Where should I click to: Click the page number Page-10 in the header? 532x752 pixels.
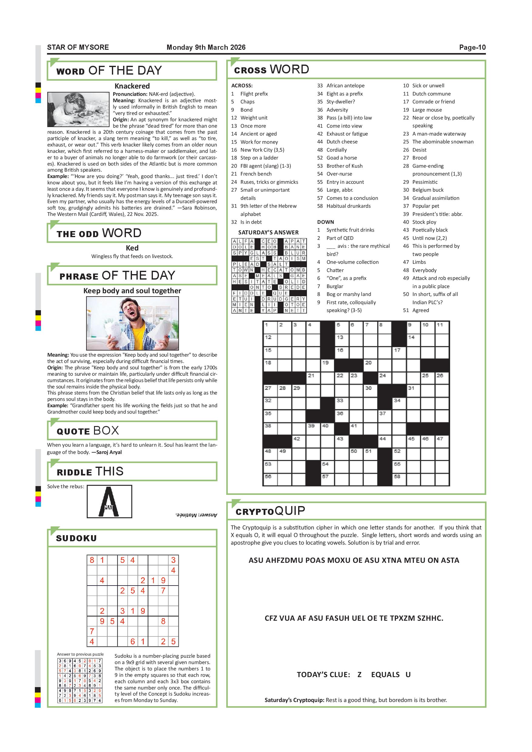pos(472,48)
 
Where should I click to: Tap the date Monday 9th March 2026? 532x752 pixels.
pos(206,48)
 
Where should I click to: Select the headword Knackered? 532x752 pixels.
pos(132,86)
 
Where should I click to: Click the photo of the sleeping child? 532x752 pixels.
pos(78,109)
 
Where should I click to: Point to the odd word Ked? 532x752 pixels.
pos(132,248)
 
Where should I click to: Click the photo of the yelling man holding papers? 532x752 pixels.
pos(132,323)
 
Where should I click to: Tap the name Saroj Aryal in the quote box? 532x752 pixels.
pos(109,452)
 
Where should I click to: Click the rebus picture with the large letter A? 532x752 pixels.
pos(109,502)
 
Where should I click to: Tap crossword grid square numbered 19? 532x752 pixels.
pos(327,365)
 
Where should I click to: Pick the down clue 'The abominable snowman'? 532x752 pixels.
pos(443,142)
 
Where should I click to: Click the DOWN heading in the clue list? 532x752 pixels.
pos(325,222)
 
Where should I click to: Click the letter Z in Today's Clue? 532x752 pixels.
pos(359,675)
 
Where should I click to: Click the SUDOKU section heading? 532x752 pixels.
pos(76,539)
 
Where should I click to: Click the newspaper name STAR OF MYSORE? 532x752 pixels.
pos(78,48)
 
